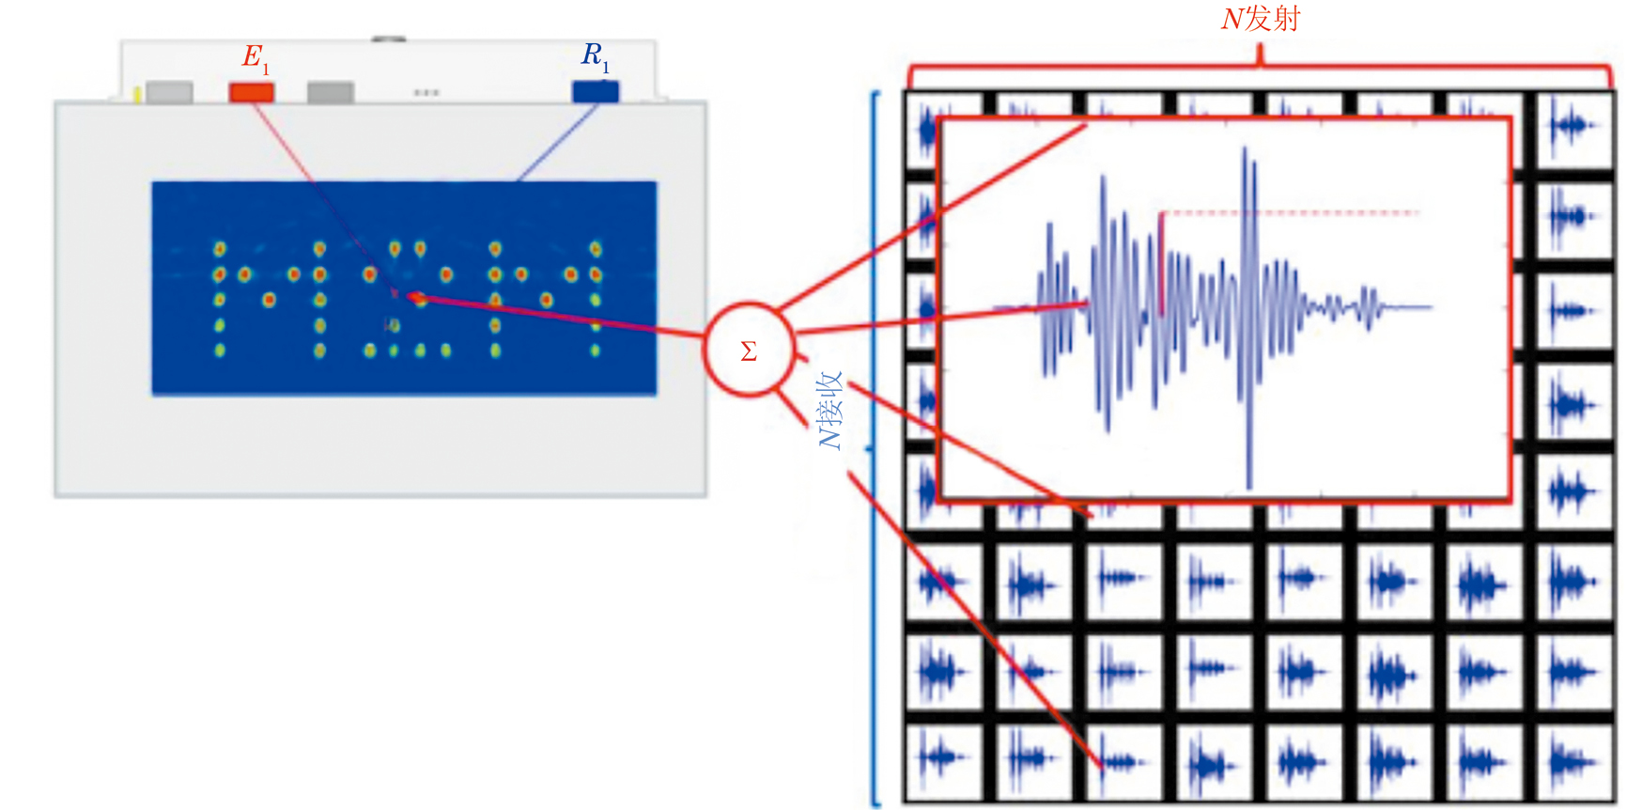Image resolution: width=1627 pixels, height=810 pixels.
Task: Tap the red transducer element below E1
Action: tap(252, 92)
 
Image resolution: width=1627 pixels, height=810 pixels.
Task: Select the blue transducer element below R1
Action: tap(596, 91)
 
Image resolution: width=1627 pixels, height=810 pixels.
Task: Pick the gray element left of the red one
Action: tap(170, 92)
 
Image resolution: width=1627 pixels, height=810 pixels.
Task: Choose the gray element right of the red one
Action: tap(331, 92)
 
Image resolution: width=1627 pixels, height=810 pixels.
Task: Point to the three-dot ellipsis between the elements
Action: tap(426, 93)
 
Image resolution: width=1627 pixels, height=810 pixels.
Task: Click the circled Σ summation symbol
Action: tap(749, 350)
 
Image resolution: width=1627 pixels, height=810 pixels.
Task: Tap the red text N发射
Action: tap(1260, 18)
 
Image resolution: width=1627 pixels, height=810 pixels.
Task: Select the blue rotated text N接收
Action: tap(831, 410)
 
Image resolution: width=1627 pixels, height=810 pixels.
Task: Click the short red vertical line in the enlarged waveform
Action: tap(1162, 263)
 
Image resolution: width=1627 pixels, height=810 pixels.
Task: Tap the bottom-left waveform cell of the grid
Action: tap(940, 760)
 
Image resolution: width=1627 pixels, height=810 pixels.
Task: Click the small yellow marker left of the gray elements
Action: tap(138, 93)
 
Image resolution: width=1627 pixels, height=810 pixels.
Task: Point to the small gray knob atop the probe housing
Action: tap(388, 39)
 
